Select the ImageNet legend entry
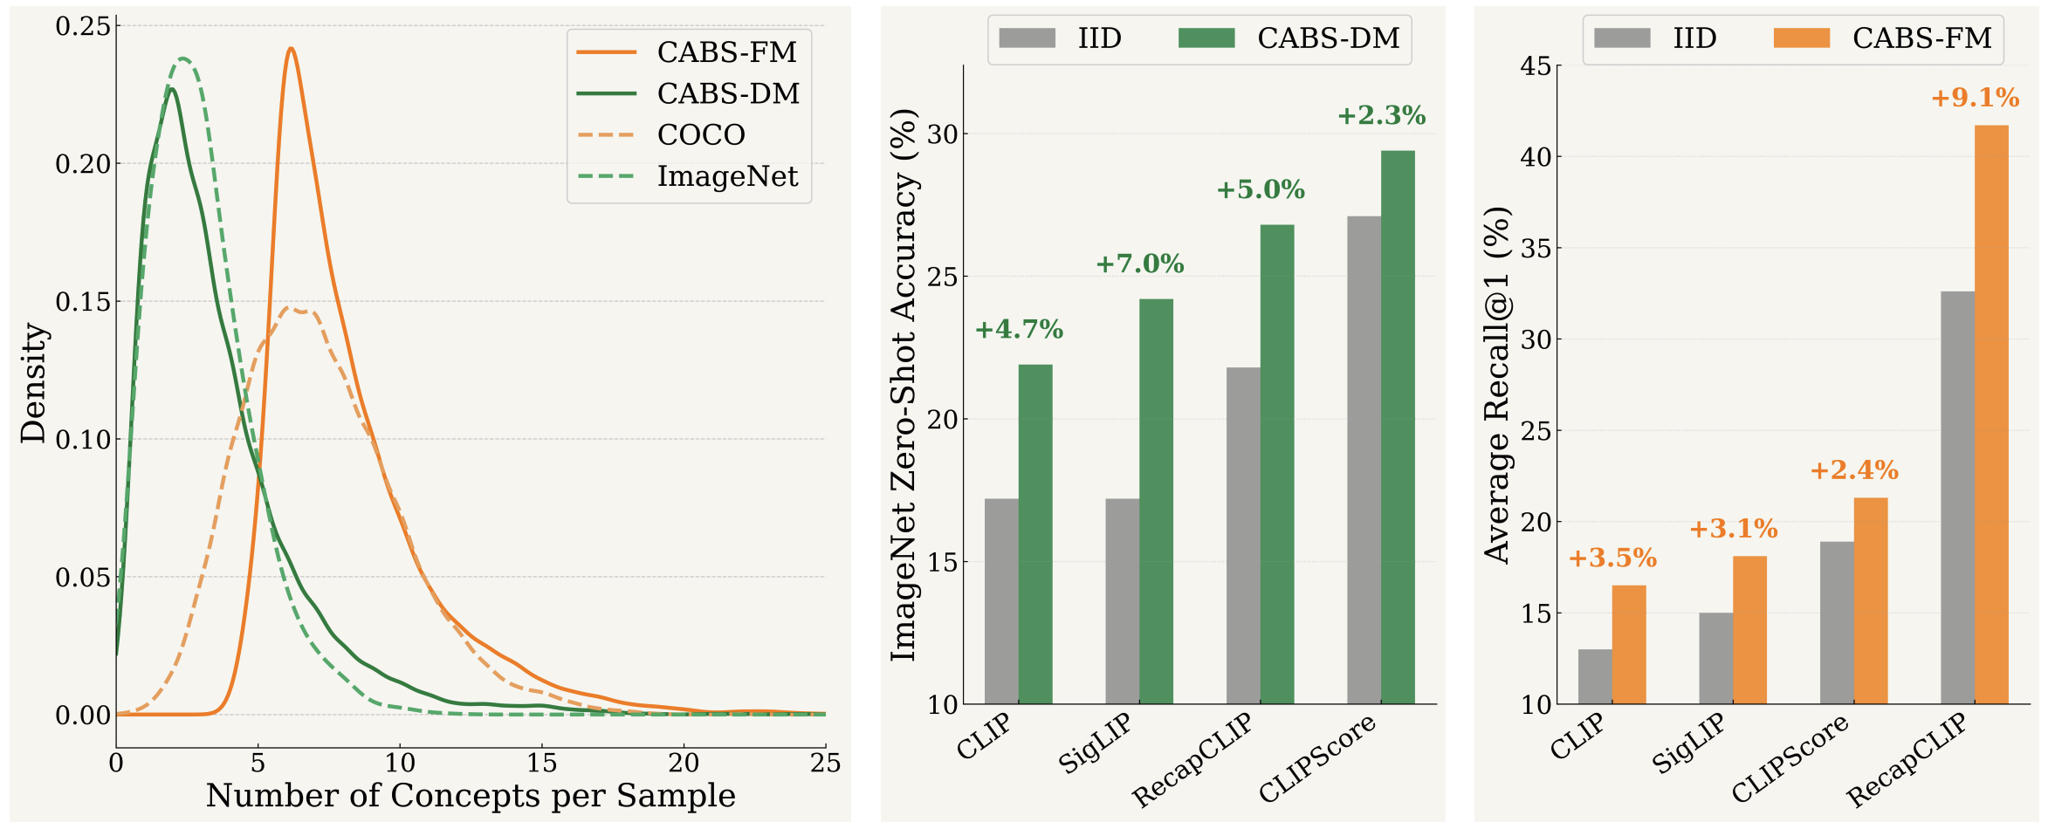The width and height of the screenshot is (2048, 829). (726, 176)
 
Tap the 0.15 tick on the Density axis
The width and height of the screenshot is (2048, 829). (84, 302)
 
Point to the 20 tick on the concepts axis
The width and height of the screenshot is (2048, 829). (684, 764)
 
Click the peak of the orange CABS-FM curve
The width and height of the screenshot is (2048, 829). (291, 49)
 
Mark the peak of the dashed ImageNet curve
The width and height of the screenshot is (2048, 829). (183, 59)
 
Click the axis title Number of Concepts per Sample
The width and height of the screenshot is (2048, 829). (471, 796)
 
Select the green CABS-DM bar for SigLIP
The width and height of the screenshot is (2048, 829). (1156, 501)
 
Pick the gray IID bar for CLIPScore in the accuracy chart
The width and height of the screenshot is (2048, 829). (1364, 460)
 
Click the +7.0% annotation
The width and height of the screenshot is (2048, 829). (1139, 264)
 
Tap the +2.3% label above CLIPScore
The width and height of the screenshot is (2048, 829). (1381, 115)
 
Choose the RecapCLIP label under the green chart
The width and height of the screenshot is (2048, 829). (1192, 760)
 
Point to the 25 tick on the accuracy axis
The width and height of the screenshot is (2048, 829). (943, 277)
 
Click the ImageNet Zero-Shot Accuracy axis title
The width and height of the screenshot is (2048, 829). (904, 384)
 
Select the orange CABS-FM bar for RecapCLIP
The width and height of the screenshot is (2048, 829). (1991, 414)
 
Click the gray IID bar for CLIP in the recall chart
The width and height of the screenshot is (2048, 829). (1595, 676)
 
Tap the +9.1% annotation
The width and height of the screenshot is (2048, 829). (1975, 98)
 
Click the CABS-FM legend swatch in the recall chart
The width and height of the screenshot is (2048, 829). (1801, 38)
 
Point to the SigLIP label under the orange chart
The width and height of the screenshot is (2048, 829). (1688, 743)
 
